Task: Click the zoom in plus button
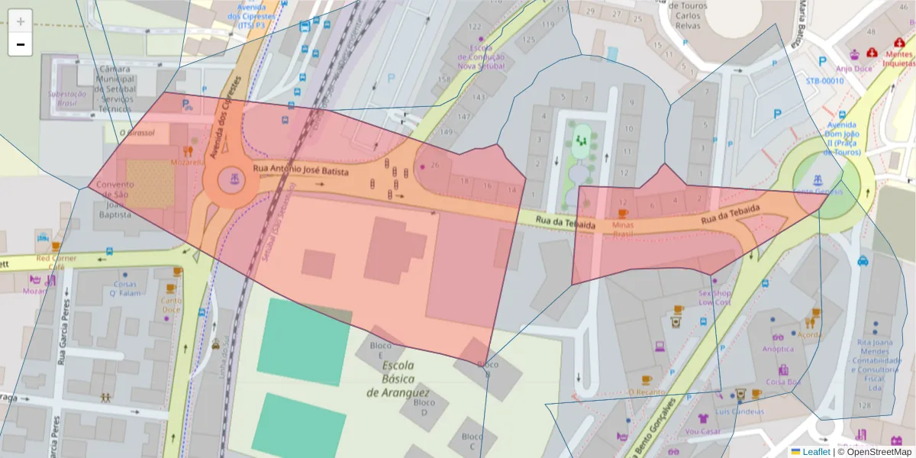click(21, 21)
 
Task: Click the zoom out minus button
click(21, 44)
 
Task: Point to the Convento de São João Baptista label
click(115, 200)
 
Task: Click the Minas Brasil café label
click(622, 230)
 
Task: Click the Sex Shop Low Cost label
click(715, 298)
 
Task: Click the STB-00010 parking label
click(824, 80)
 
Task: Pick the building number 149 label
click(446, 132)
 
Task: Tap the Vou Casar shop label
click(703, 431)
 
